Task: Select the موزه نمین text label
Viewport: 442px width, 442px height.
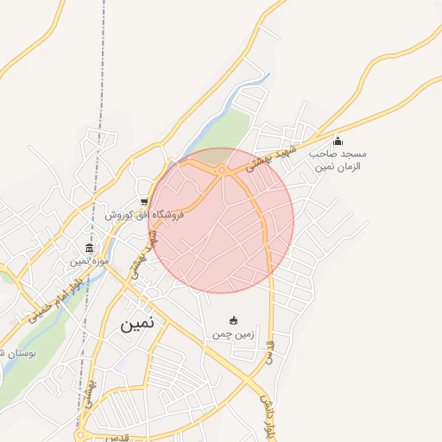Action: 91,260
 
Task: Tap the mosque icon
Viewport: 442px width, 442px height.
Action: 338,141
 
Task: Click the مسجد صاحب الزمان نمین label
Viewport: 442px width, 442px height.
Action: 339,159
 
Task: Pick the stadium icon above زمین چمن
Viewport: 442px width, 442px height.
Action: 232,321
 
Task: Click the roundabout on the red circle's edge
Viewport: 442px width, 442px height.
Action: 222,171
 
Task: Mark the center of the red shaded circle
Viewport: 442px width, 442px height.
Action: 221,220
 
